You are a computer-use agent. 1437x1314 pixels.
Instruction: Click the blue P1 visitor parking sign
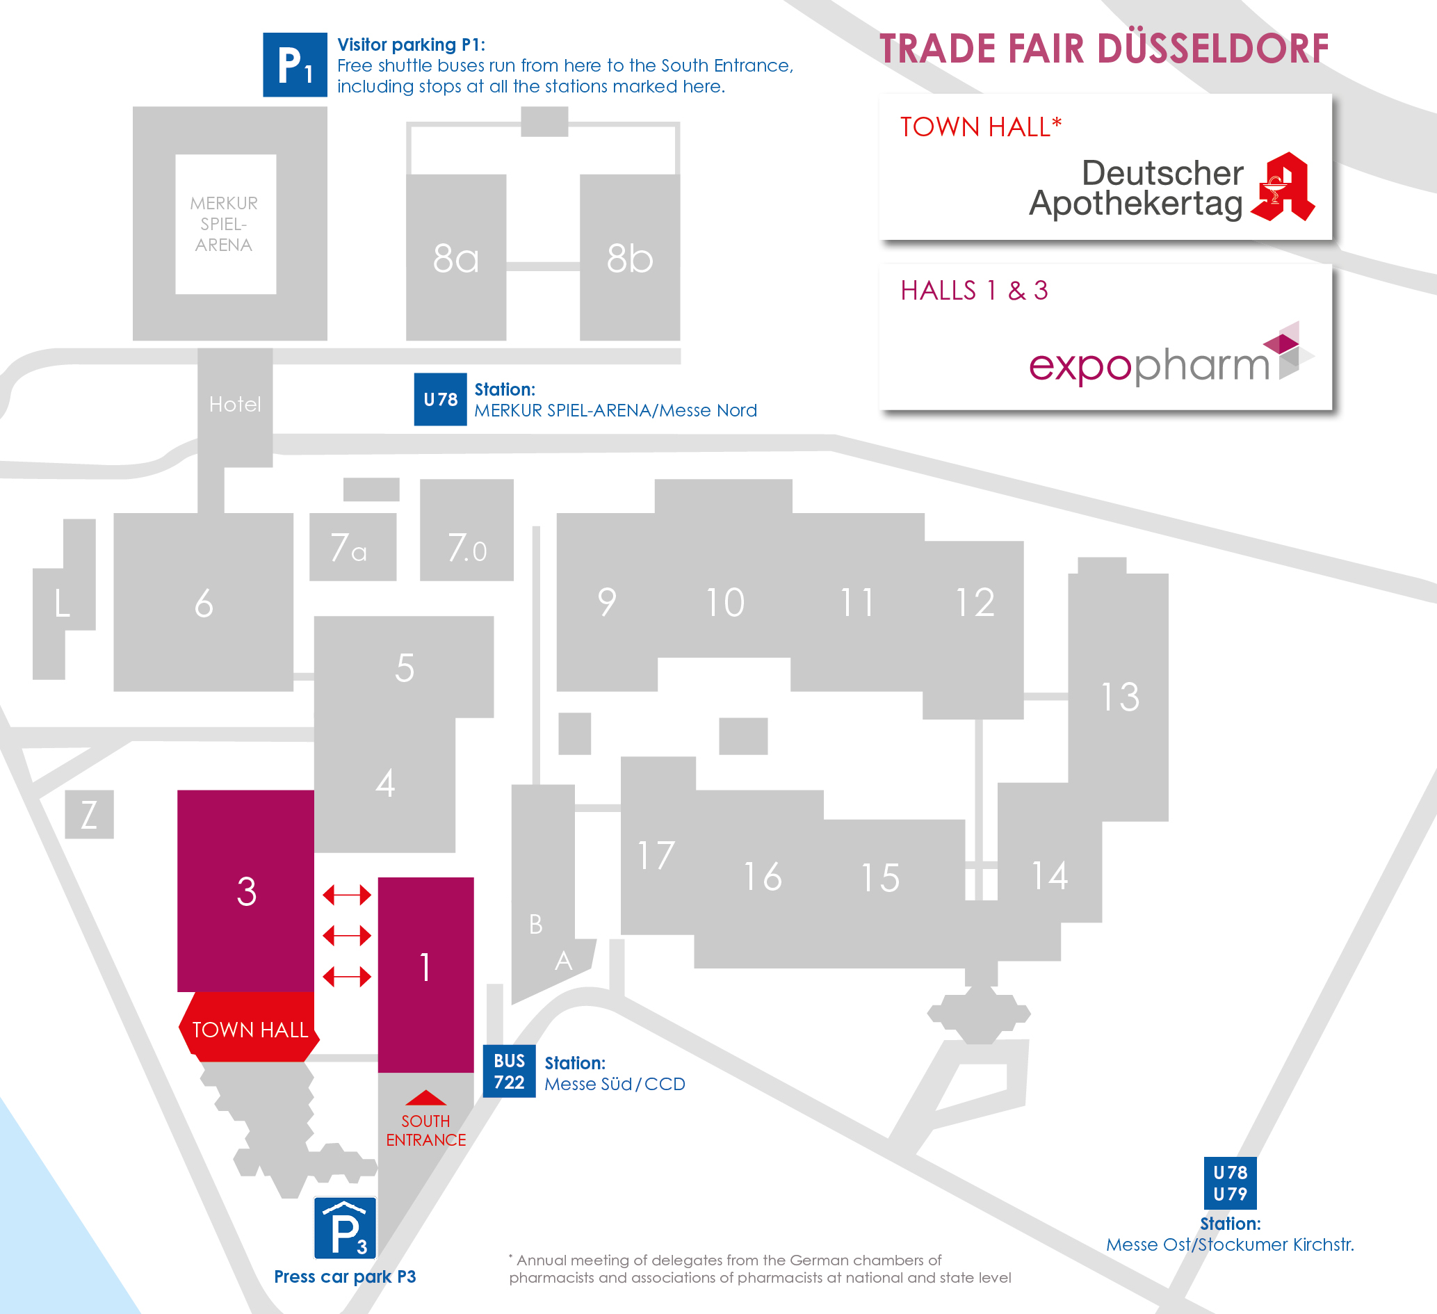tap(295, 65)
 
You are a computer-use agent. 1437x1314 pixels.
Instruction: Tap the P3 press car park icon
tap(345, 1228)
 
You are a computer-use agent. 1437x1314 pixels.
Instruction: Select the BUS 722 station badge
tap(509, 1071)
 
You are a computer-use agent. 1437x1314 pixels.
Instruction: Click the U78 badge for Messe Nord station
tap(441, 399)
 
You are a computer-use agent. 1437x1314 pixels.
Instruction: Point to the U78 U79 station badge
tap(1231, 1183)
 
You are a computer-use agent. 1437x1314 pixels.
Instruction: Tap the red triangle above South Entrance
tap(425, 1097)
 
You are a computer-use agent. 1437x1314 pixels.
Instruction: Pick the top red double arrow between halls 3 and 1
tap(347, 894)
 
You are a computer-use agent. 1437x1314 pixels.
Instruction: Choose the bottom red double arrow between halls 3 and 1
tap(347, 976)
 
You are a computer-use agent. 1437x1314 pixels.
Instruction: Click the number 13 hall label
tap(1120, 697)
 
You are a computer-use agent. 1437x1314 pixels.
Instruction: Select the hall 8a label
tap(456, 258)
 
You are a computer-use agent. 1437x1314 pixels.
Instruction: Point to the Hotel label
tap(235, 404)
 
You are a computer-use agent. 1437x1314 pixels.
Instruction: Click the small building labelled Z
tap(89, 814)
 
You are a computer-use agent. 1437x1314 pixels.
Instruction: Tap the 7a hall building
tap(353, 547)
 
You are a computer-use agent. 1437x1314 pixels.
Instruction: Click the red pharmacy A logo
tap(1283, 187)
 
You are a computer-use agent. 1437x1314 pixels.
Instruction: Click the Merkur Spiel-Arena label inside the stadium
tap(224, 224)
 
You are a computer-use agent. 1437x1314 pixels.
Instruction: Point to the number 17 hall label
tap(656, 856)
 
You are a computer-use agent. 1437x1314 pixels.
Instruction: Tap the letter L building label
tap(62, 603)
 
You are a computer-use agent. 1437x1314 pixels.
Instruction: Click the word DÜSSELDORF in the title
tap(1213, 49)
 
